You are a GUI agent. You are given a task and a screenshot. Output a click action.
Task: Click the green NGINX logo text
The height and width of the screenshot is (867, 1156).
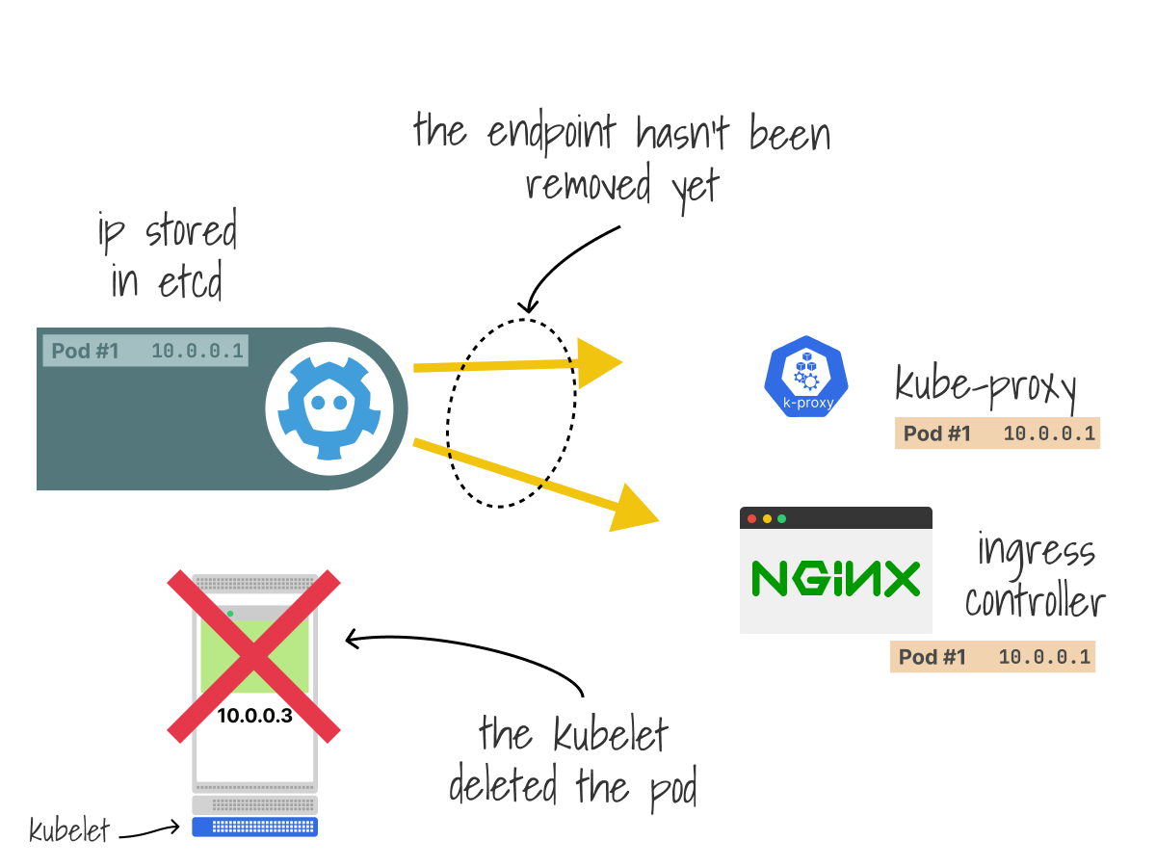coord(835,578)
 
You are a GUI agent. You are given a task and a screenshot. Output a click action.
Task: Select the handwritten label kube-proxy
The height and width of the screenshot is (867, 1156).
coord(985,387)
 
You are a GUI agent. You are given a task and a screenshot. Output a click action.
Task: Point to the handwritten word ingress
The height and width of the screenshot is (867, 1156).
coord(1037,553)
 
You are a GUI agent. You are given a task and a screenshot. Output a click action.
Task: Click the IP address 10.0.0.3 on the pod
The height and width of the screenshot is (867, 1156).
coord(254,716)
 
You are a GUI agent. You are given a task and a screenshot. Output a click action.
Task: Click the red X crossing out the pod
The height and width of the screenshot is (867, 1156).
coord(254,655)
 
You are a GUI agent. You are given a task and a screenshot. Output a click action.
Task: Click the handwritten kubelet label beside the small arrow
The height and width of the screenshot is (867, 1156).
coord(69,830)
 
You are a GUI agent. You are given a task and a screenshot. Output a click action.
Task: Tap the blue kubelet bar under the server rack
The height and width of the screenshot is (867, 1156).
coord(254,827)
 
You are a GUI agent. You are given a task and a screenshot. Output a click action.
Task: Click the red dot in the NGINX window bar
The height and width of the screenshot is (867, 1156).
coord(752,518)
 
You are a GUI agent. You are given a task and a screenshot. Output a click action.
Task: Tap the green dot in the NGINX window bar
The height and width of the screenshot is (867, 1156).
coord(781,518)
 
